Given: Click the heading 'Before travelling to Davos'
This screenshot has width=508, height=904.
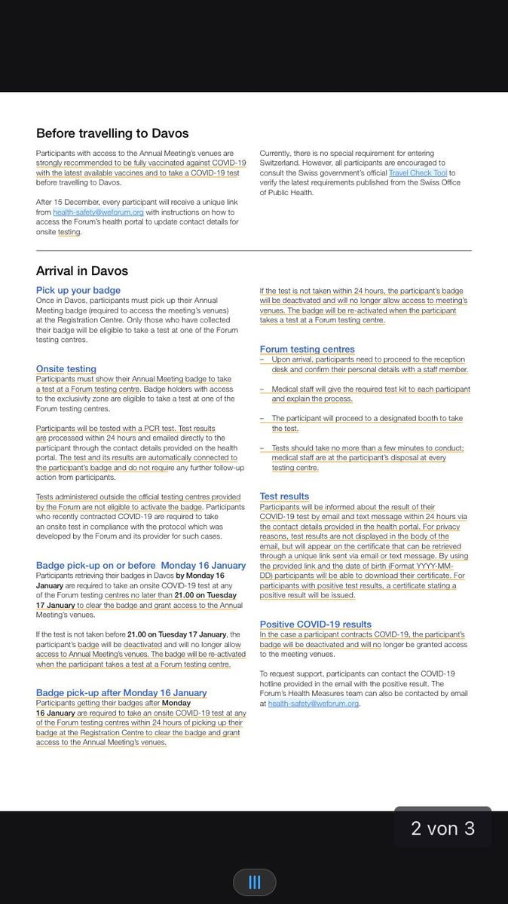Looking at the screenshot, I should coord(112,133).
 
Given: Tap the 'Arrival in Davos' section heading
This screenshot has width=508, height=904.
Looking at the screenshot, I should coord(82,270).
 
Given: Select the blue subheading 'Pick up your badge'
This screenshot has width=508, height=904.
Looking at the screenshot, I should coord(78,290).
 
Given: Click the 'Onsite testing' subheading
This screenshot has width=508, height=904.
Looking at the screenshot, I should coord(66,368).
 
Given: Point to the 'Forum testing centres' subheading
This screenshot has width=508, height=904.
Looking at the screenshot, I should coord(307,349).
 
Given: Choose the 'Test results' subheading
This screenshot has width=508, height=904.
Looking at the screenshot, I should coord(284,496).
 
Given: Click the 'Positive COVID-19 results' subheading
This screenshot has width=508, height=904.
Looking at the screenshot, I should coord(315,624).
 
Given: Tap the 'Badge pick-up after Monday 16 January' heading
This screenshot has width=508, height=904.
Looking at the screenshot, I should coord(121,692).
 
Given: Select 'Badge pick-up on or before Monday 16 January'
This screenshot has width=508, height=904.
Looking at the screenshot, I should coord(141,565).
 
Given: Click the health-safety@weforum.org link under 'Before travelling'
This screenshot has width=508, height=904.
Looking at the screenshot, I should coord(98,212).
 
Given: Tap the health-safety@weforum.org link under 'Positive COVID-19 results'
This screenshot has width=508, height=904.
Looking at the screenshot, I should coord(313,704).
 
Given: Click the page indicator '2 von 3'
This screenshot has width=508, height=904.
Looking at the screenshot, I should coord(442,829).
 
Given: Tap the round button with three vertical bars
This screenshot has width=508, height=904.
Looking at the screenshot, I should coord(254,881).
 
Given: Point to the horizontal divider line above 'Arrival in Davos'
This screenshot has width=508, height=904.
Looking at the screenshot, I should coord(254,250).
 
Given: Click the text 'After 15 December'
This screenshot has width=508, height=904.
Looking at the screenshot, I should coord(66,202).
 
